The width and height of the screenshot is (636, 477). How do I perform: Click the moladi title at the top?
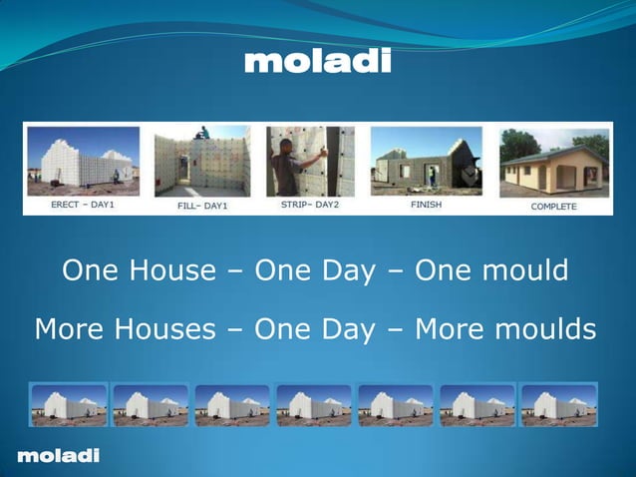click(318, 62)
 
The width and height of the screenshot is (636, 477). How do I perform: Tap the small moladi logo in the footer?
click(58, 456)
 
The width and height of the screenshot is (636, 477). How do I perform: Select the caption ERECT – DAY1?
click(83, 206)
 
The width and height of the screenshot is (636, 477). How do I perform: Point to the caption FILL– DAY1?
click(202, 206)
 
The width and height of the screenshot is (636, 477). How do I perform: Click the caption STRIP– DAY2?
click(310, 206)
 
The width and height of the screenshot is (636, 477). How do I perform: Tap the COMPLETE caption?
click(553, 207)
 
